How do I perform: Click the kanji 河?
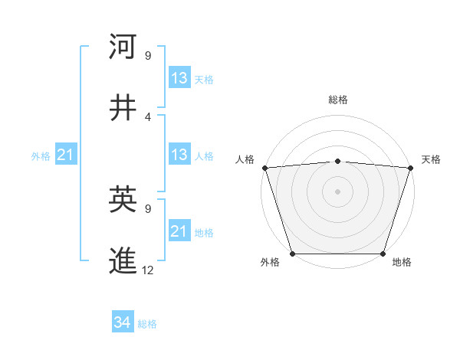coord(123,47)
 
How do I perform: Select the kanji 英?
coord(123,200)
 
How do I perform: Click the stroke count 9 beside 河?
coord(148,56)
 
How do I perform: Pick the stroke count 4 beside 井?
coord(148,117)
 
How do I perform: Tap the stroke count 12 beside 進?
coord(149,270)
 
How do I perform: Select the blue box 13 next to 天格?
coord(179,78)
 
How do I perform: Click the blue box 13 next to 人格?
coord(179,155)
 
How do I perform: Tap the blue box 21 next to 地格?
coord(179,231)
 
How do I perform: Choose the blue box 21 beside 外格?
coord(65,155)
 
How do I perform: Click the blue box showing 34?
coord(123,322)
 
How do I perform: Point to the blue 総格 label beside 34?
coord(147,324)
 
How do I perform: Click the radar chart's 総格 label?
coord(338,100)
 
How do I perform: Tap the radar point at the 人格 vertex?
coord(264,168)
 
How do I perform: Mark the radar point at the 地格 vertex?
coord(383,254)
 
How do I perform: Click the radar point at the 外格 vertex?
coord(292,254)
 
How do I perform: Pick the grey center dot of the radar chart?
coord(337,191)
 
